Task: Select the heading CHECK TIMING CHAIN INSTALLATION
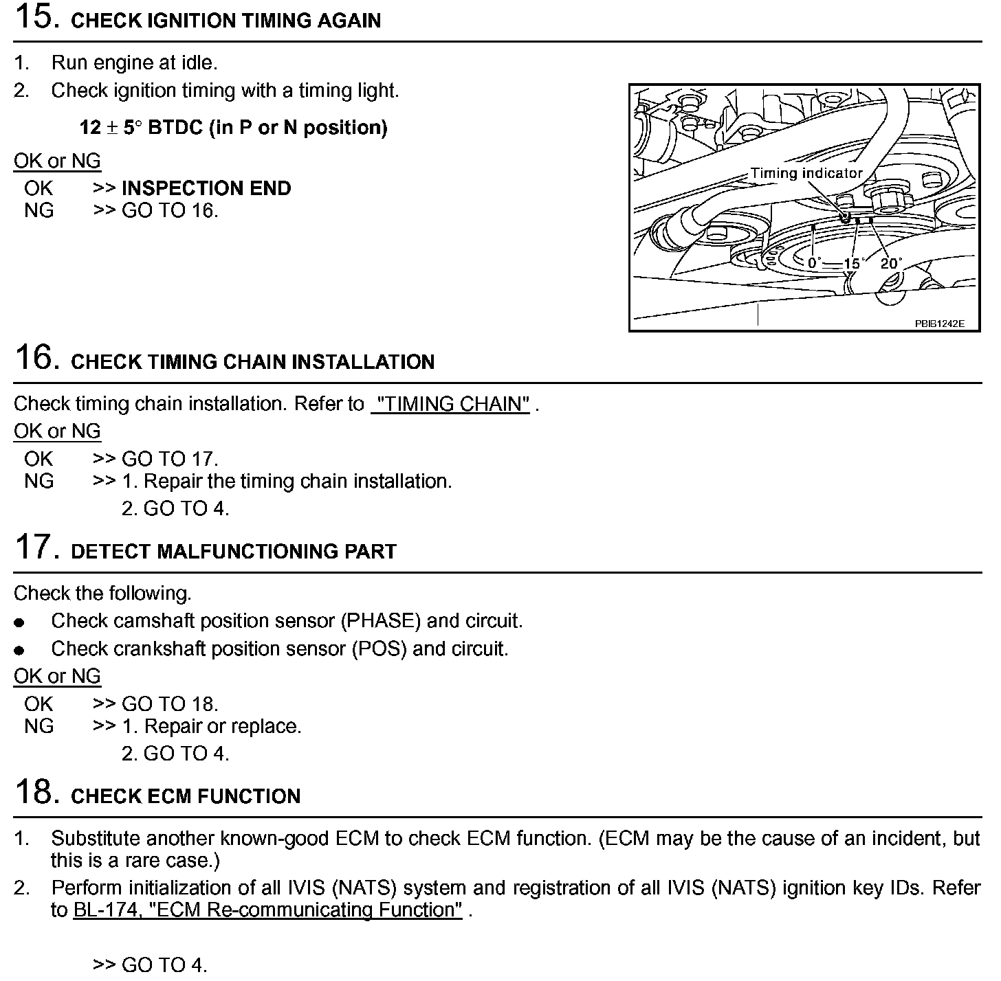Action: click(x=252, y=362)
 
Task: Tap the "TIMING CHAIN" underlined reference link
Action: click(x=450, y=404)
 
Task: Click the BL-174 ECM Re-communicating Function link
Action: click(x=267, y=910)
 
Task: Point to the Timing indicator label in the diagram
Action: click(x=806, y=173)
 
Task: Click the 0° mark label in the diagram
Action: click(x=815, y=263)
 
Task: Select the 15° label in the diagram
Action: click(x=852, y=264)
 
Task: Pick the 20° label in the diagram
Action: click(x=891, y=263)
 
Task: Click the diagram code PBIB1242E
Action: click(x=939, y=323)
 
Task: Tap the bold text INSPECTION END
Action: click(x=206, y=188)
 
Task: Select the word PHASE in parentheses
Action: click(x=380, y=621)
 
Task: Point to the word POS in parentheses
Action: click(x=377, y=649)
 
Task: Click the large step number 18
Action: click(x=33, y=792)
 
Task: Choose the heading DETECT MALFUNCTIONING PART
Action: click(x=234, y=552)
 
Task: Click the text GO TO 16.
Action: click(x=170, y=211)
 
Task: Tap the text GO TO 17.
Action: click(x=170, y=459)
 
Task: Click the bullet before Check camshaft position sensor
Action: click(x=20, y=622)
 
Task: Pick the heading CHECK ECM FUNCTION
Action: click(x=186, y=796)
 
